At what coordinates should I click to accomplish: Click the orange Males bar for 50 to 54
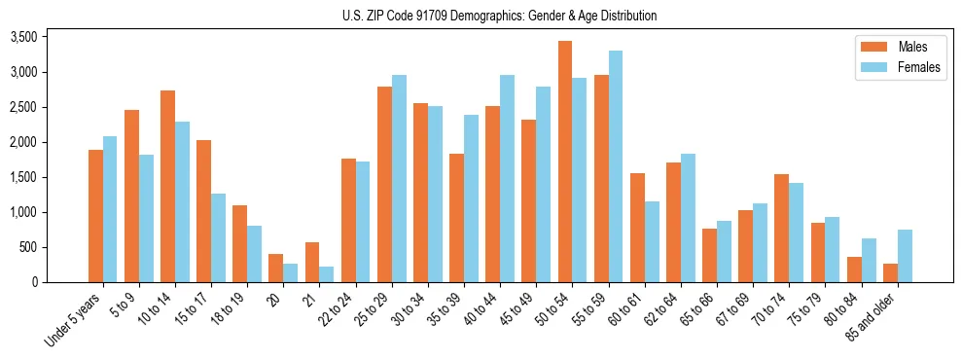pos(565,162)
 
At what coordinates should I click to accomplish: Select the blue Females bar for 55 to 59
pos(616,166)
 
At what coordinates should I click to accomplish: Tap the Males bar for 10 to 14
pos(167,186)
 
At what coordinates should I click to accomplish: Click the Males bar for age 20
pos(276,269)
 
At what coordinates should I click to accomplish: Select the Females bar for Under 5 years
pos(110,209)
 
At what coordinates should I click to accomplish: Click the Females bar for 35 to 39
pos(471,198)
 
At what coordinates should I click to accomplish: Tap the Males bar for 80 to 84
pos(854,270)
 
